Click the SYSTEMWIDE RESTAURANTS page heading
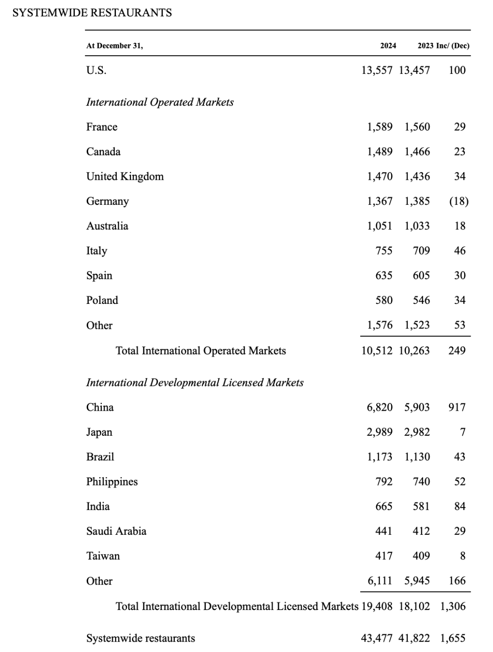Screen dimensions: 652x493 tap(92, 13)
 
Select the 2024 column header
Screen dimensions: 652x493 tap(388, 46)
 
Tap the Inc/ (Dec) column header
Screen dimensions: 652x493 tap(453, 46)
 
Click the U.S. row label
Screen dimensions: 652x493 tap(96, 70)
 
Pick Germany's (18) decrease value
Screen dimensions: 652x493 tap(459, 201)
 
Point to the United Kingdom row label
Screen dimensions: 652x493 tap(125, 177)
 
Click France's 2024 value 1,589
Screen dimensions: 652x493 tap(379, 127)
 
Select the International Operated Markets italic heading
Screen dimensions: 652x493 tap(160, 102)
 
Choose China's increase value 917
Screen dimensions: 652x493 tap(457, 407)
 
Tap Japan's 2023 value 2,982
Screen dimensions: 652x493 tap(417, 432)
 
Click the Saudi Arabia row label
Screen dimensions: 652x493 tap(116, 531)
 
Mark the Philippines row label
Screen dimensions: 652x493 tap(112, 482)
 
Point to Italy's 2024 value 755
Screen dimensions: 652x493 tap(384, 251)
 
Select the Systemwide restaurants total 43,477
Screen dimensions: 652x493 tap(377, 638)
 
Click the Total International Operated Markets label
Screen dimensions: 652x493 tap(201, 351)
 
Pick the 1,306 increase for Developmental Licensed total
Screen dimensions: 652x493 tap(453, 606)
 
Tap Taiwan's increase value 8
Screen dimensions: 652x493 tap(462, 556)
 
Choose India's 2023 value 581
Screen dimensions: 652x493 tap(421, 506)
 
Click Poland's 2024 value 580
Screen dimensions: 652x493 tap(384, 300)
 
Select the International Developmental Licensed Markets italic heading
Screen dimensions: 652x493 tap(195, 382)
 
